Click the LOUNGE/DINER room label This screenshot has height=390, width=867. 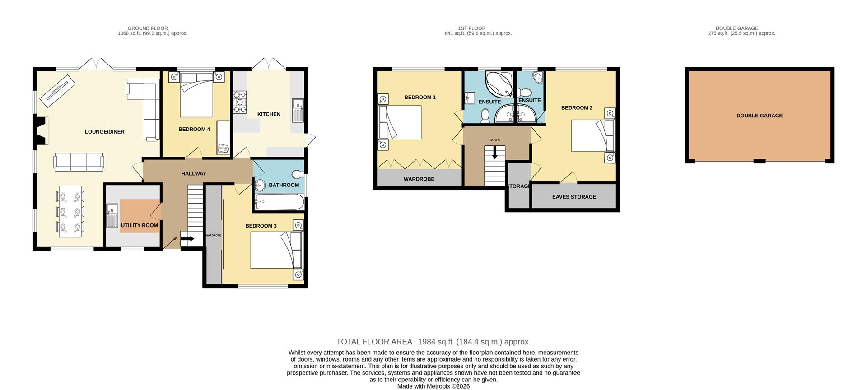[104, 132]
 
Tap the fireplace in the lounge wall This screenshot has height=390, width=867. [41, 131]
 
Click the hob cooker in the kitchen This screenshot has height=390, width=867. [240, 102]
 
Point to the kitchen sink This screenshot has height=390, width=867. [298, 110]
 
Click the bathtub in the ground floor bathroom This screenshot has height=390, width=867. [279, 202]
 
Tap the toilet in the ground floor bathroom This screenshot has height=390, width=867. [298, 174]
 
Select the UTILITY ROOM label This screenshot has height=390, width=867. [139, 225]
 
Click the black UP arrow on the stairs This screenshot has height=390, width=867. [187, 239]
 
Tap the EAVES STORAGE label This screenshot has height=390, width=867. [574, 197]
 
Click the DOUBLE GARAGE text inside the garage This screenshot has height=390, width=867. [759, 116]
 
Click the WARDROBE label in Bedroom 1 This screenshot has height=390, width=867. [419, 179]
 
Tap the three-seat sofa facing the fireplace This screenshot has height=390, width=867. [79, 162]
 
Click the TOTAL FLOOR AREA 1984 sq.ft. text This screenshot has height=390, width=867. [433, 342]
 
